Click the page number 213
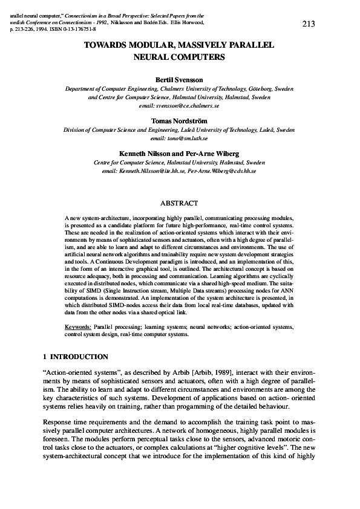point(308,24)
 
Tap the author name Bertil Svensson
point(180,79)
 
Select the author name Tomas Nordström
point(180,120)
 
